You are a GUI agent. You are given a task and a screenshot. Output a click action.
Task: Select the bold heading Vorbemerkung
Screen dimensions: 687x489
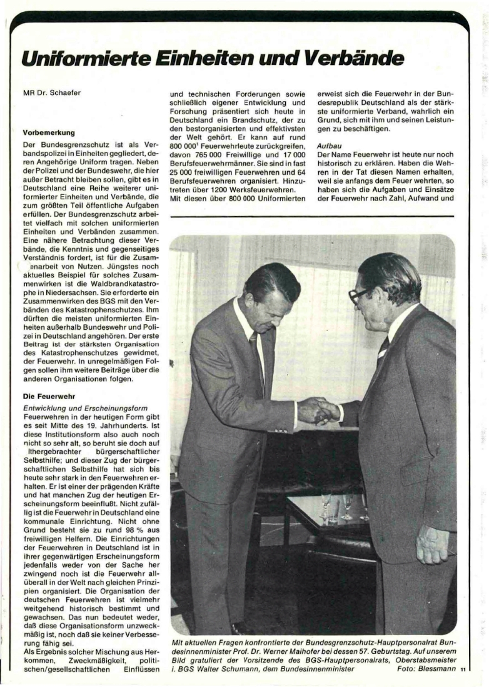[x=49, y=133]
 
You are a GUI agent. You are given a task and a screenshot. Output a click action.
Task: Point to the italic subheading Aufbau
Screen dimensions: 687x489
[x=329, y=143]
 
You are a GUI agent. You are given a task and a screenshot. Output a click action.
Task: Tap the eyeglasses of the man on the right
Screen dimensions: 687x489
[x=358, y=295]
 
